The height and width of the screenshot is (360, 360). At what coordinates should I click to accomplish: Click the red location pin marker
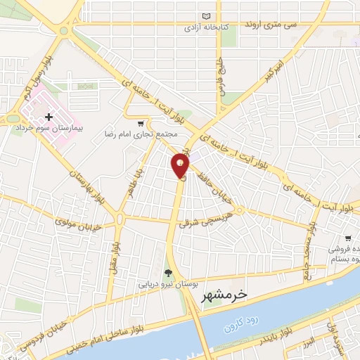180,166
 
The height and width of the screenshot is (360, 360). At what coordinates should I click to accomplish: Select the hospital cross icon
48,117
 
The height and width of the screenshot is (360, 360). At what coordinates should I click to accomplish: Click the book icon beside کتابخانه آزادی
206,16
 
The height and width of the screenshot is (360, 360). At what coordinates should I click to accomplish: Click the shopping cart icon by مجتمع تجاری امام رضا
141,122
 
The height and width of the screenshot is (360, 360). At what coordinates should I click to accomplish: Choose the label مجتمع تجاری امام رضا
138,133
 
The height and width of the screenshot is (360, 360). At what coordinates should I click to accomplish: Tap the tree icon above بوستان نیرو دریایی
167,273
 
